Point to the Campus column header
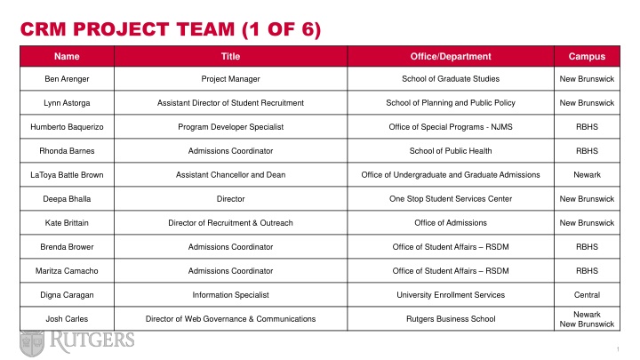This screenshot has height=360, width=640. point(587,57)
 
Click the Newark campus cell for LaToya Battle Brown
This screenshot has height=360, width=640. point(587,175)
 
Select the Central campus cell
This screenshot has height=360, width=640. point(587,294)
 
